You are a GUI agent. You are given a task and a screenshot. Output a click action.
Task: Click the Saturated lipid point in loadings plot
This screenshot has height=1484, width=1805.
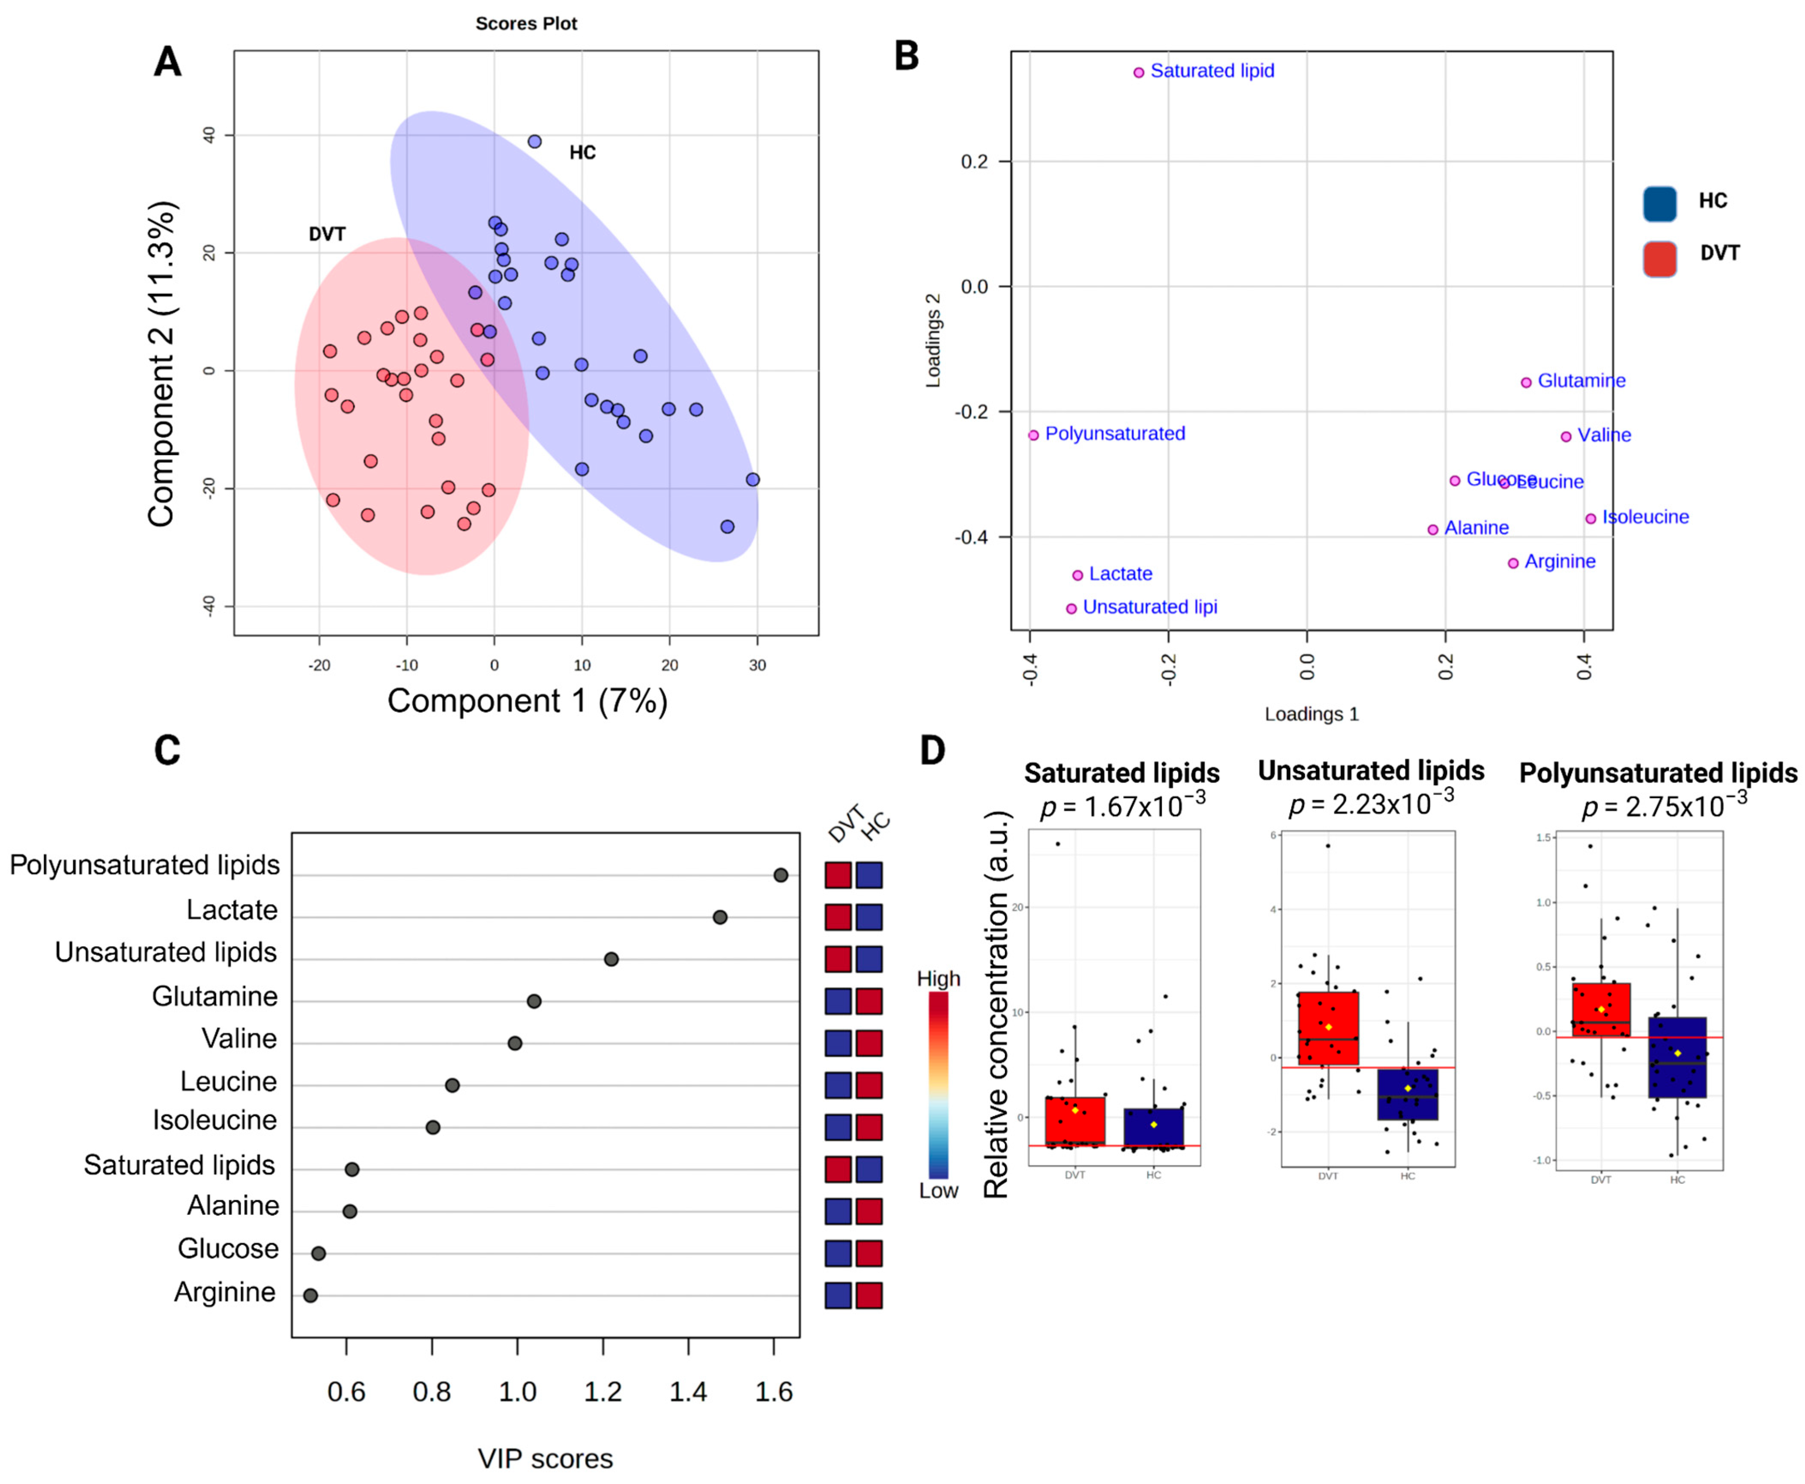point(1138,73)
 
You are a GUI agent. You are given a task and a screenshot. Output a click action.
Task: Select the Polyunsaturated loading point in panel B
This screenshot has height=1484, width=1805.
point(1033,435)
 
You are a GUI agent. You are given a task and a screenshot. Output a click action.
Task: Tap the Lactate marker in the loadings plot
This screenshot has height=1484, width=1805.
point(1077,575)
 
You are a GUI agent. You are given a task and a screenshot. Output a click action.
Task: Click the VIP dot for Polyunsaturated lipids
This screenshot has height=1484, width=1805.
point(780,874)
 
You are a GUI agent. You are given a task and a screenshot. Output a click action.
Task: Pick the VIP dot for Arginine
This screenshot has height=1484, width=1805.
point(310,1295)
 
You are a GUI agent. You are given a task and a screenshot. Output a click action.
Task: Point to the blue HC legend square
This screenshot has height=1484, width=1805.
point(1659,203)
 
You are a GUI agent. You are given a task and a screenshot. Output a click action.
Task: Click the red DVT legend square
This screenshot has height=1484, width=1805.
point(1659,258)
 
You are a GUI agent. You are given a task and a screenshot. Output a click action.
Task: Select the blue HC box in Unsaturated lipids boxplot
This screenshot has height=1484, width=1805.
point(1408,1094)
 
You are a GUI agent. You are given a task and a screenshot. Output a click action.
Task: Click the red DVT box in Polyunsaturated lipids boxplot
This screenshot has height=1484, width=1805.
point(1601,1010)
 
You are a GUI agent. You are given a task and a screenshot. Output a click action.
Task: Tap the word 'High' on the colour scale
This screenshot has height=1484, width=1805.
point(938,979)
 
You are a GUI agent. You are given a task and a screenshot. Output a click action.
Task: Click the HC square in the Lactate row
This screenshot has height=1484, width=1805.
point(869,917)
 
